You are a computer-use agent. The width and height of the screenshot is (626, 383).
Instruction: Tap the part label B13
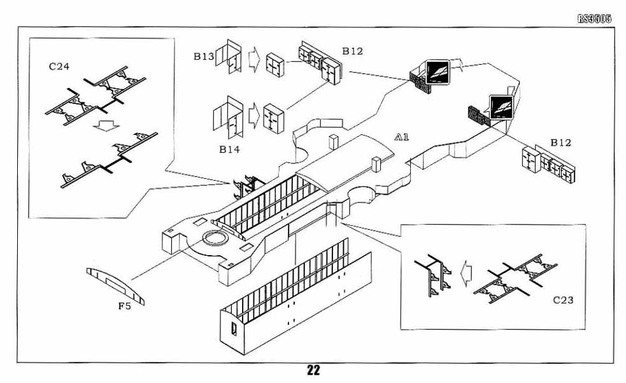point(204,57)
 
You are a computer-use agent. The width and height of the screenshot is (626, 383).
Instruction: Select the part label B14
point(230,150)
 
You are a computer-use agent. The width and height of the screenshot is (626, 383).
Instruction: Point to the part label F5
point(125,305)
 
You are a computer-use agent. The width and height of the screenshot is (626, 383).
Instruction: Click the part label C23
point(563,299)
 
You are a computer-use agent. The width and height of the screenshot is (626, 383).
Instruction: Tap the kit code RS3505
point(594,18)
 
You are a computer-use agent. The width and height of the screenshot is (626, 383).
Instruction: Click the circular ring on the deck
point(214,240)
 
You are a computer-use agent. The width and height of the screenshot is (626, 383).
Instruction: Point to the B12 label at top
point(352,50)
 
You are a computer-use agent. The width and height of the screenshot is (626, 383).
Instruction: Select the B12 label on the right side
point(561,143)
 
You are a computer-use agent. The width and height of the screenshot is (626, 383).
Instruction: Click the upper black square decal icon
point(438,71)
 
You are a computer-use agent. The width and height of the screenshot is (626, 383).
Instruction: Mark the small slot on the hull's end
point(234,330)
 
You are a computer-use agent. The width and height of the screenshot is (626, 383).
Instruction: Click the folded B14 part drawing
point(227,116)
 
